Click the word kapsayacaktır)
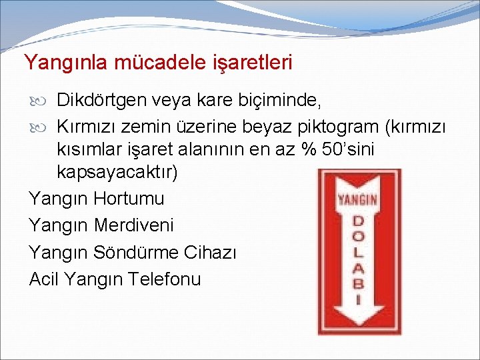click(x=117, y=173)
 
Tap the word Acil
click(x=45, y=279)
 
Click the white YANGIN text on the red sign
click(x=357, y=199)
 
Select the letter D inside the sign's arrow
click(x=357, y=220)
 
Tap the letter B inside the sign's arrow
click(x=357, y=284)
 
